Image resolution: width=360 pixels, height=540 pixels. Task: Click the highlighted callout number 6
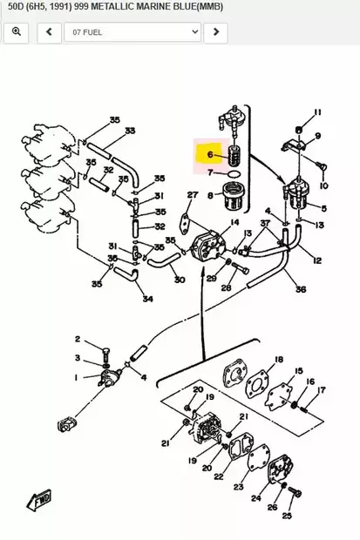pos(209,155)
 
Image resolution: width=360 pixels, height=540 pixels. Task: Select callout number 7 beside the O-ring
pos(209,172)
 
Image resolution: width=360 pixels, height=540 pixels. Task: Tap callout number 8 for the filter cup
pos(209,195)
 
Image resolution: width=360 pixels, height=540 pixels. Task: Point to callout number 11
pos(317,112)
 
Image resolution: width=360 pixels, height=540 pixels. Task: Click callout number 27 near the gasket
pos(193,195)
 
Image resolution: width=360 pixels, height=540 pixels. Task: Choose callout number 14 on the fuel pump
pos(234,224)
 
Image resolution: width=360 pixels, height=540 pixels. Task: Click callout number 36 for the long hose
pos(300,289)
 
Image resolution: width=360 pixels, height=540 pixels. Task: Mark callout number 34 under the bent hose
pos(146,299)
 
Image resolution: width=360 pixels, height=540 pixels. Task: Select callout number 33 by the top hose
pos(130,132)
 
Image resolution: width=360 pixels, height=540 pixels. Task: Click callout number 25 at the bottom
pos(287,516)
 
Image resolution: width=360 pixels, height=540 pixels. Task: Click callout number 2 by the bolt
pos(77,339)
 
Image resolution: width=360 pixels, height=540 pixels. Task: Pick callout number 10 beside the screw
pos(324,186)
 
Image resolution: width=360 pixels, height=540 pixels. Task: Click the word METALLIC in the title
pos(157,7)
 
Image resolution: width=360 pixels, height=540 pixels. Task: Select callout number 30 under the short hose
pos(179,280)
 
